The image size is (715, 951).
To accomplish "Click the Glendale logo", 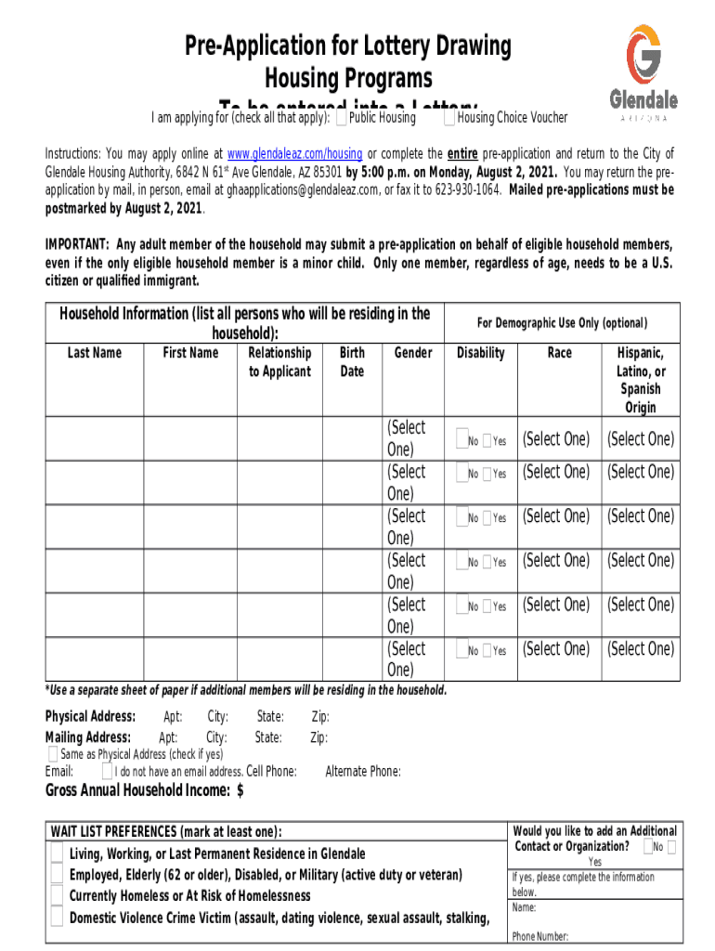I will point(643,72).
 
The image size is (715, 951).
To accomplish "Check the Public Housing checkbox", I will point(342,118).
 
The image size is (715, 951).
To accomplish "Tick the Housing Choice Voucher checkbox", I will point(449,118).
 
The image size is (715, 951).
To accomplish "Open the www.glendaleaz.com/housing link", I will point(294,154).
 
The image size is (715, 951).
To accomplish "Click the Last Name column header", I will point(95,353).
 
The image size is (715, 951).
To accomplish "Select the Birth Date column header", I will point(352,362).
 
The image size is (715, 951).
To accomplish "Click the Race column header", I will point(559,353).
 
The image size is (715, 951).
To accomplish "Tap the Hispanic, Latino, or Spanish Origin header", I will point(640,380).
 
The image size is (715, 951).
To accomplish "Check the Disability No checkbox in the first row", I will point(461,440).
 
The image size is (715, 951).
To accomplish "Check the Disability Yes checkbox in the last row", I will point(487,650).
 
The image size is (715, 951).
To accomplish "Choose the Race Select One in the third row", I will point(555,516).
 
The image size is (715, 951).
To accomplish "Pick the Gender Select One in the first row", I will point(406,438).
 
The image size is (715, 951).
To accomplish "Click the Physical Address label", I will point(91,716).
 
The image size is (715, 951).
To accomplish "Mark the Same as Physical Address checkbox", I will point(53,753).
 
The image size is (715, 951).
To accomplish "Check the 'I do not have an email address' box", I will point(108,771).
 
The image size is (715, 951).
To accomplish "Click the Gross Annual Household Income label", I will point(145,790).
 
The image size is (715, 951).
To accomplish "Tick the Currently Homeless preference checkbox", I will point(58,896).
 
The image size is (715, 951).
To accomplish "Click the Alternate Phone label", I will point(363,771).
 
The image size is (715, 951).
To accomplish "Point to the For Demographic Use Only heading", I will point(562,323).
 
